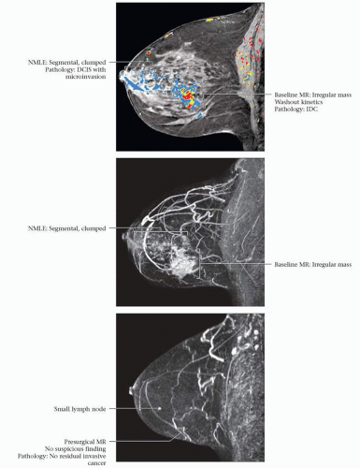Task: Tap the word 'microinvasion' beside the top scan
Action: pos(86,77)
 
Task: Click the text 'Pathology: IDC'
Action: pos(296,110)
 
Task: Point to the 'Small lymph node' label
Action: pos(79,409)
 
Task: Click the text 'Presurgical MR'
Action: pos(85,442)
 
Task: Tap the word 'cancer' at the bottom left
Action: pos(96,463)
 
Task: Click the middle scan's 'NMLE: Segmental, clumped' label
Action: pos(67,228)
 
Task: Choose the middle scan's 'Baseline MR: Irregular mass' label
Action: pos(313,265)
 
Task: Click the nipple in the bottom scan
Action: pos(131,391)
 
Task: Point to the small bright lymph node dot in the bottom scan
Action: pos(159,408)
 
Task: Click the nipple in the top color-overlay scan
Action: pos(122,76)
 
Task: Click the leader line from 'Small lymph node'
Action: pos(133,408)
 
